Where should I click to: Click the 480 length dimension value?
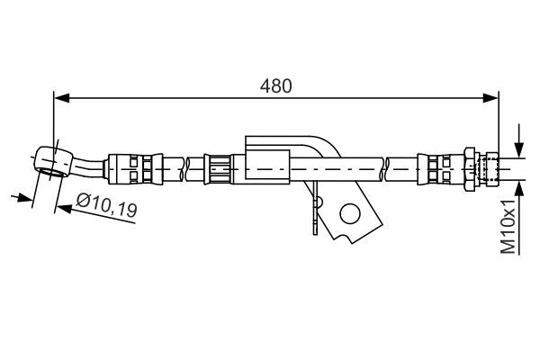[275, 86]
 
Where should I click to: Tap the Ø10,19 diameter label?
[106, 205]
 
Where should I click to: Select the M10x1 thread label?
[508, 226]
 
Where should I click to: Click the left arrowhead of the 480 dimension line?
[62, 98]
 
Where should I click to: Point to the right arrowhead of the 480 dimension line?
[490, 98]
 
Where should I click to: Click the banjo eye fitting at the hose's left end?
[53, 162]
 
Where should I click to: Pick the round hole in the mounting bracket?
[350, 213]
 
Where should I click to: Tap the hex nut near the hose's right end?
[470, 169]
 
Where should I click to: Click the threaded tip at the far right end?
[490, 169]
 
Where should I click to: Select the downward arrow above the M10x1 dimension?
[519, 141]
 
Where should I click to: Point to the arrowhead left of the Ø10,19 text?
[64, 208]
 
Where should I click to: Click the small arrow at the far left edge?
[22, 198]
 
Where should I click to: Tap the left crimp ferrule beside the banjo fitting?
[135, 169]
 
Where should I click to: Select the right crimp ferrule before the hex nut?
[441, 169]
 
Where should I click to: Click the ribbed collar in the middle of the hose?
[217, 169]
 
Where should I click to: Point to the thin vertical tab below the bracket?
[315, 208]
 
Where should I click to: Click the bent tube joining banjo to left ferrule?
[88, 167]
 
